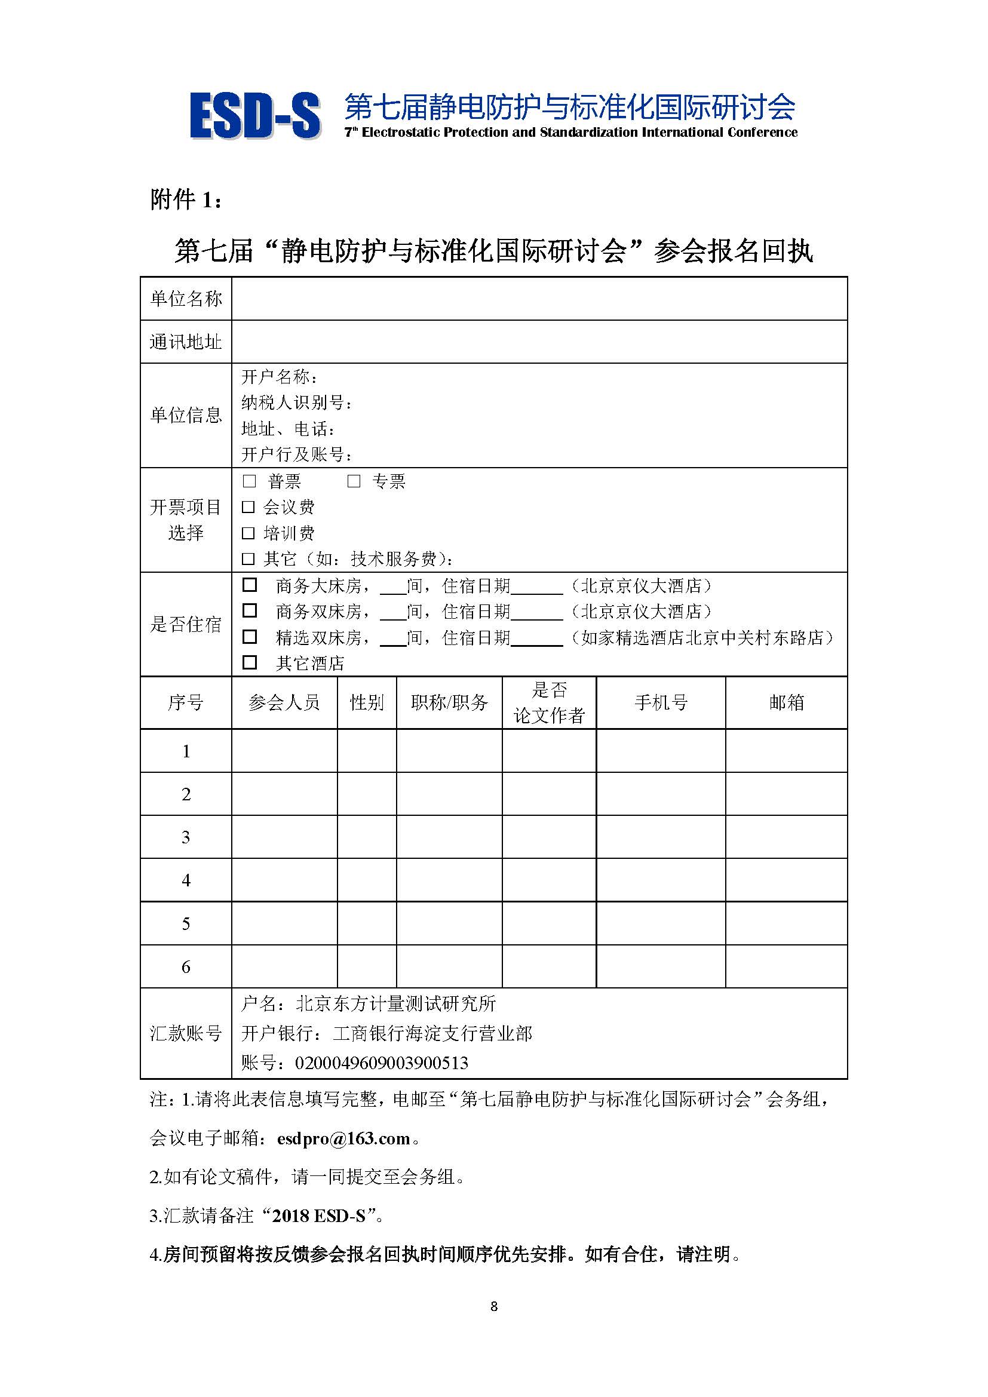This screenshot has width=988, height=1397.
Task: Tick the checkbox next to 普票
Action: click(249, 481)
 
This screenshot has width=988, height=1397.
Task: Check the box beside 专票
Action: click(354, 481)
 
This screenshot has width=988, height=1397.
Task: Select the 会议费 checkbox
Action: click(248, 507)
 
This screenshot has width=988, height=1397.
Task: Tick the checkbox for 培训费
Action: click(248, 533)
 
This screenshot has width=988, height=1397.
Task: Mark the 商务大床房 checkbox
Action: click(250, 585)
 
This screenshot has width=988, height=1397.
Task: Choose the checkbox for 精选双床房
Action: click(250, 637)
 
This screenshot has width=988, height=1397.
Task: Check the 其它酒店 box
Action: click(250, 662)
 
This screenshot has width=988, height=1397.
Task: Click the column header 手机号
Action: click(661, 703)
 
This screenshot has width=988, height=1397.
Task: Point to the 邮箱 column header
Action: click(786, 703)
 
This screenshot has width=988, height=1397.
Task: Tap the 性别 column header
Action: click(367, 703)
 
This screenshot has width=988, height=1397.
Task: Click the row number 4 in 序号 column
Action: click(186, 880)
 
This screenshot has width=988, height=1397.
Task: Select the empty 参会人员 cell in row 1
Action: click(284, 751)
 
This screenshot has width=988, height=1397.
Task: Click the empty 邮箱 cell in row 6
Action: click(786, 966)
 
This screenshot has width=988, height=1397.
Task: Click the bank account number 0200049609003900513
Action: click(382, 1063)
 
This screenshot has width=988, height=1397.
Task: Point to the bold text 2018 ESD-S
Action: click(319, 1215)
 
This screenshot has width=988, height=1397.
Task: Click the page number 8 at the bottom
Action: click(494, 1306)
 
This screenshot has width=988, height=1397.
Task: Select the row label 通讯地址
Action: click(186, 342)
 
